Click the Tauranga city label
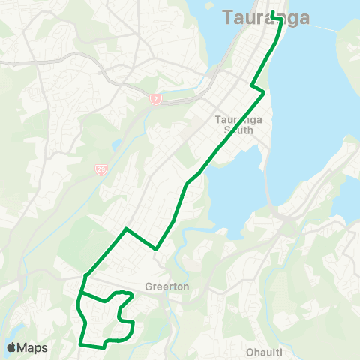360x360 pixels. (266, 18)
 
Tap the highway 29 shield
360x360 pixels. (100, 170)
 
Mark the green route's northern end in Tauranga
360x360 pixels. (272, 13)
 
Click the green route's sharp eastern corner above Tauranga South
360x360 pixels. (264, 92)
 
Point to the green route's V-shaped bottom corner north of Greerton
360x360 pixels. (155, 248)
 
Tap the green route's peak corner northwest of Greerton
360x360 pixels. (126, 228)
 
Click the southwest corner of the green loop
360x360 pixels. (80, 343)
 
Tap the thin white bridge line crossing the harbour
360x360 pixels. (330, 28)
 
